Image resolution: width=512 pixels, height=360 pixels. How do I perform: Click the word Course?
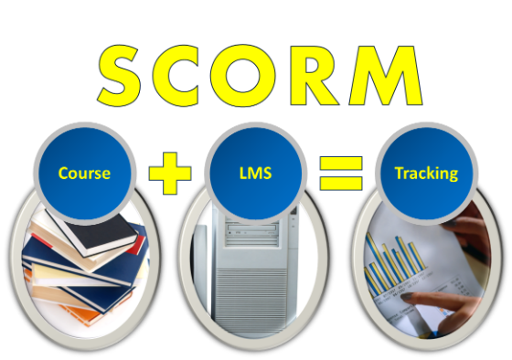[84, 172]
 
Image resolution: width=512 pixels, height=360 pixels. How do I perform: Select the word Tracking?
[425, 173]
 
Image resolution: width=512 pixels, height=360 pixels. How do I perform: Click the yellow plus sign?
[170, 172]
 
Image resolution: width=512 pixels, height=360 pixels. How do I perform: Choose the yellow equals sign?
[341, 172]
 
